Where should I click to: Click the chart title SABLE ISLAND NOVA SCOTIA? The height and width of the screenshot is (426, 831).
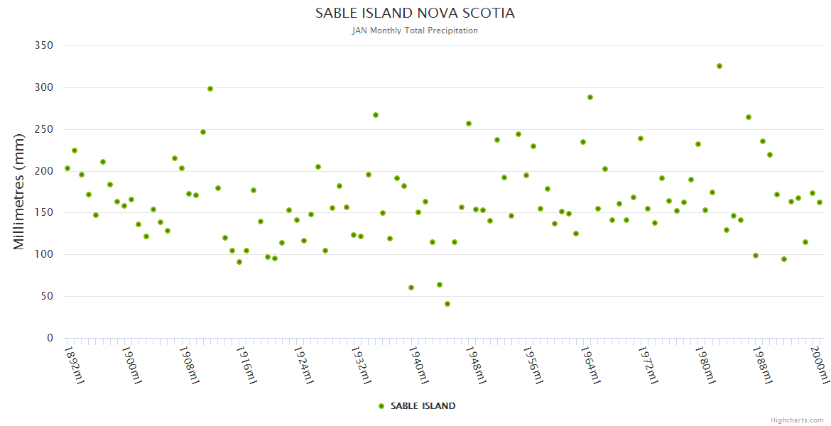pyautogui.click(x=415, y=13)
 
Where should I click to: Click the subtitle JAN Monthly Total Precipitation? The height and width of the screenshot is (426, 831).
pyautogui.click(x=415, y=31)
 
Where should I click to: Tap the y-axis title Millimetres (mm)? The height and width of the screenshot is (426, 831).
pyautogui.click(x=19, y=192)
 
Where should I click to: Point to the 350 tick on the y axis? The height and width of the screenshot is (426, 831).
pyautogui.click(x=44, y=45)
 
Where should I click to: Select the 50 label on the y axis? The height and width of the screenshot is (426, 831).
pyautogui.click(x=47, y=296)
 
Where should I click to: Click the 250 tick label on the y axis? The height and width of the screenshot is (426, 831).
pyautogui.click(x=44, y=129)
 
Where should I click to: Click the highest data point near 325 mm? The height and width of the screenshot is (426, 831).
pyautogui.click(x=719, y=66)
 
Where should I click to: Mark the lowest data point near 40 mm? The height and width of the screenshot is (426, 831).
pyautogui.click(x=447, y=304)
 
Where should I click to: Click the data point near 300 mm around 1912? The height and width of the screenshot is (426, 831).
pyautogui.click(x=210, y=89)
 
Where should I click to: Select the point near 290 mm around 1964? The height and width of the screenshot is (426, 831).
pyautogui.click(x=590, y=97)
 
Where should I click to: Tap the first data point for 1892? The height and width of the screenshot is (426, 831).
pyautogui.click(x=67, y=168)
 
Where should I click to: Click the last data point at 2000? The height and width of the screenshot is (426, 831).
pyautogui.click(x=820, y=202)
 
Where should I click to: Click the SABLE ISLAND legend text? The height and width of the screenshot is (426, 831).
pyautogui.click(x=423, y=406)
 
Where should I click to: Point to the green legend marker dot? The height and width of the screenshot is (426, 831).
pyautogui.click(x=381, y=406)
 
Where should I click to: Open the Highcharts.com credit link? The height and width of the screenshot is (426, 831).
pyautogui.click(x=797, y=420)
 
